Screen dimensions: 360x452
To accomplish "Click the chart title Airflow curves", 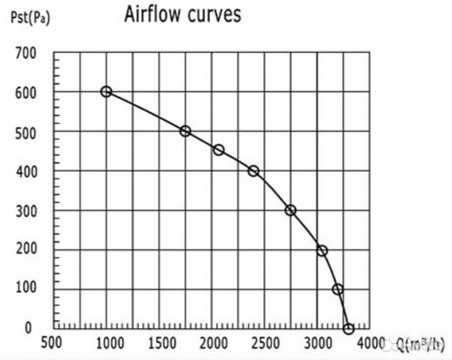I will pos(182,15).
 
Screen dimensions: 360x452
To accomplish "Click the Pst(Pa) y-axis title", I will pos(30,17).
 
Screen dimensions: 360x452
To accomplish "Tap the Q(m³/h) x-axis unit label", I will pos(420,344).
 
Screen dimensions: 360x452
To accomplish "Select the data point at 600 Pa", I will pos(106,91).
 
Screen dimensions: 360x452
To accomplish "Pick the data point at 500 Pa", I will pos(185,131).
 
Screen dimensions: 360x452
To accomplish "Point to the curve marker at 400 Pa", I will pos(253,171).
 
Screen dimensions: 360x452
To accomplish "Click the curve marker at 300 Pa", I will pos(290,210).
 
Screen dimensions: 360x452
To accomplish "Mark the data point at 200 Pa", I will pos(322,251).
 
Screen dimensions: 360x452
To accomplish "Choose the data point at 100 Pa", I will pos(338,289).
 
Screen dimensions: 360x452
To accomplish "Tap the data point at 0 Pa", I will pos(348,329).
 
